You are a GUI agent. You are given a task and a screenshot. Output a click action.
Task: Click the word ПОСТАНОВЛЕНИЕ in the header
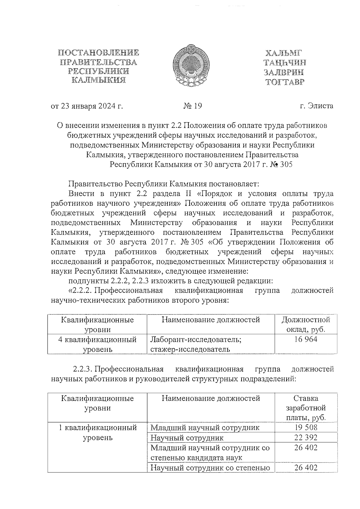[x=98, y=53]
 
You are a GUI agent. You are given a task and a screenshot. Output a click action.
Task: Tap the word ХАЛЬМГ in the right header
[x=283, y=53]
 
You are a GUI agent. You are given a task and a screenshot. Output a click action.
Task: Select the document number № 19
[x=193, y=106]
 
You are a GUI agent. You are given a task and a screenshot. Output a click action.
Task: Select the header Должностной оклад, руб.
[x=306, y=324]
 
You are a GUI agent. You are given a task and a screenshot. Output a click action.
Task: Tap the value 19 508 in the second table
[x=306, y=427]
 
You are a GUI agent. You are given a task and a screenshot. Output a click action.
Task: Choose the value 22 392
[x=306, y=437]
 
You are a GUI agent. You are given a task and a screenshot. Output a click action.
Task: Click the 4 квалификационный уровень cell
[x=97, y=344]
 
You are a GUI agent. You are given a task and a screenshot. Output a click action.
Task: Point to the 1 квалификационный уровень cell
[x=97, y=432]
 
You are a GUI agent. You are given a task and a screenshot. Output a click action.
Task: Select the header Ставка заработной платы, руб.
[x=306, y=408]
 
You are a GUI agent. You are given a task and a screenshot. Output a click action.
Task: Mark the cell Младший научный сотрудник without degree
[x=205, y=427]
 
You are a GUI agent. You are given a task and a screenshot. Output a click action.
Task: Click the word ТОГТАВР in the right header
[x=284, y=82]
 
